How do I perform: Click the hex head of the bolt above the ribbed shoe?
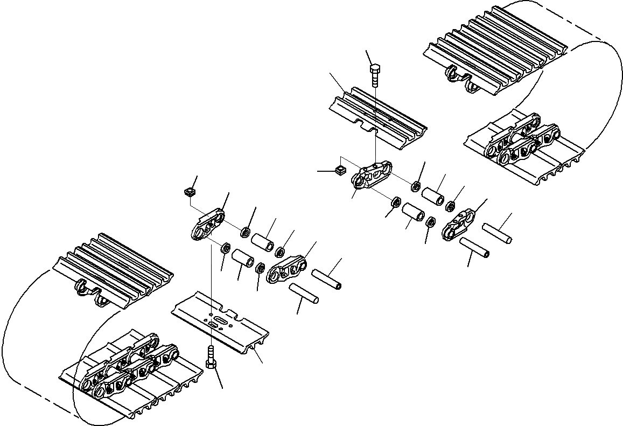(x=375, y=68)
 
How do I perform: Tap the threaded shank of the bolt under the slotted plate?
(x=211, y=353)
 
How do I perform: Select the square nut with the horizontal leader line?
(x=340, y=170)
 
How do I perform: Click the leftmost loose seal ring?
(x=226, y=249)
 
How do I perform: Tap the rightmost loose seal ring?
(x=452, y=205)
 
